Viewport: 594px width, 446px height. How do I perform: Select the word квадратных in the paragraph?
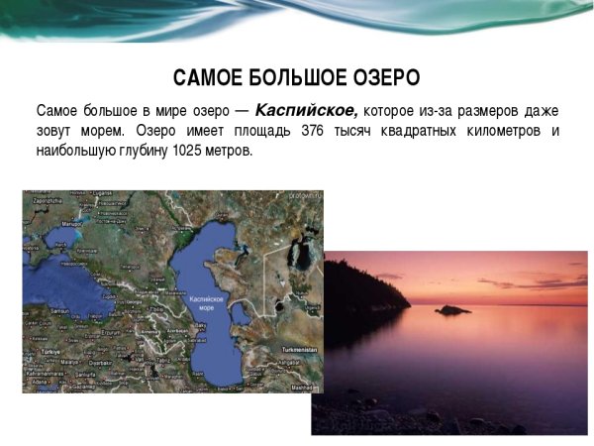coord(413,131)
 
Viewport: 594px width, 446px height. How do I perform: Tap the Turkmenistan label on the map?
coord(295,350)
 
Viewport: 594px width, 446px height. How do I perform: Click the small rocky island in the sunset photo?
coord(452,310)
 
